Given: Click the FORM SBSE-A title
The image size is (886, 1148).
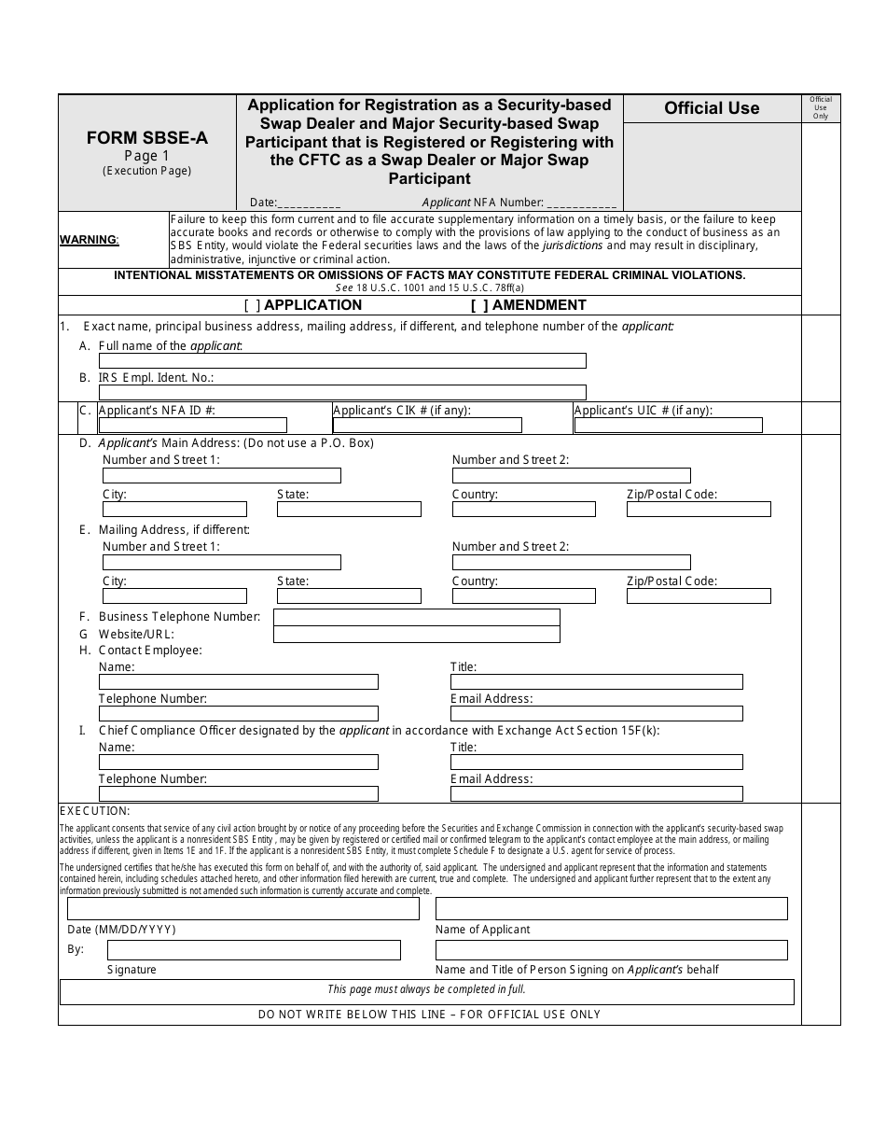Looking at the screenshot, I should click(147, 138).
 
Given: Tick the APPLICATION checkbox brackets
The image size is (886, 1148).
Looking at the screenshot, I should click(253, 305).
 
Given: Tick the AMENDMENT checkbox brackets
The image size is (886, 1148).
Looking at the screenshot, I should click(479, 305).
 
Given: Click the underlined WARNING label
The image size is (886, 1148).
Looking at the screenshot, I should click(90, 240).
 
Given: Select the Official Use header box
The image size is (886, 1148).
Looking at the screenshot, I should click(712, 108).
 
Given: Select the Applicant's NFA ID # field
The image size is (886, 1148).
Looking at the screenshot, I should click(192, 426).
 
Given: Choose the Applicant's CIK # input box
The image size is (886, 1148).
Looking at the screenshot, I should click(427, 426).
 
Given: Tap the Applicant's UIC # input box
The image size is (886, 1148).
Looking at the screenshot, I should click(669, 426).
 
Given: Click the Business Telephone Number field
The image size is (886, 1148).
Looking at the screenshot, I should click(416, 617).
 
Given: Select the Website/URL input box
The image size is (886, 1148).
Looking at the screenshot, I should click(416, 635).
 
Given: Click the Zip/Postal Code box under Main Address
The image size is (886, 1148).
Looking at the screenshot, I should click(699, 510).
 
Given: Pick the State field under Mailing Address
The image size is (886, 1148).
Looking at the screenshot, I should click(349, 596).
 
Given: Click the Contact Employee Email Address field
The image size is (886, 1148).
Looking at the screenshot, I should click(597, 714).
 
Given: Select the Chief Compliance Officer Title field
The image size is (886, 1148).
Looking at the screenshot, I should click(597, 763).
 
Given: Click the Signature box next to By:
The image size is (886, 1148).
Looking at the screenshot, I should click(254, 950).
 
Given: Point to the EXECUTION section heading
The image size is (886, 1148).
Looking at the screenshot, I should click(95, 811).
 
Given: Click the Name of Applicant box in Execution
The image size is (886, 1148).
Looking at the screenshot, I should click(611, 909).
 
